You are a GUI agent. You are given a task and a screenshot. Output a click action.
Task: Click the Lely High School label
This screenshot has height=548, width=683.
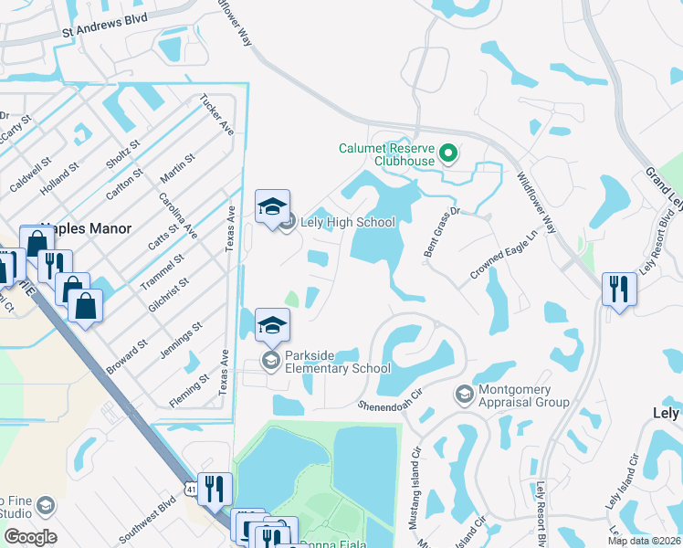(349, 222)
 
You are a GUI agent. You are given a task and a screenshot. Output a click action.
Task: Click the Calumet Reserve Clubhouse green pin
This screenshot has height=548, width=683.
(447, 153)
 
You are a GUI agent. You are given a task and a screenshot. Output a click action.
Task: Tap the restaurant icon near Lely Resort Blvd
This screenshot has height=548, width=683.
(619, 290)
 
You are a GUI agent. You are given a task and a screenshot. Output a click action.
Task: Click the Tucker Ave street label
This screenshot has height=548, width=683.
(217, 114)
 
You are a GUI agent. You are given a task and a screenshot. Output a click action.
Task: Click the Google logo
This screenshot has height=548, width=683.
(30, 536)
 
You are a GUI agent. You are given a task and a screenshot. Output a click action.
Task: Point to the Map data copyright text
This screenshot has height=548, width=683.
(644, 541)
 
